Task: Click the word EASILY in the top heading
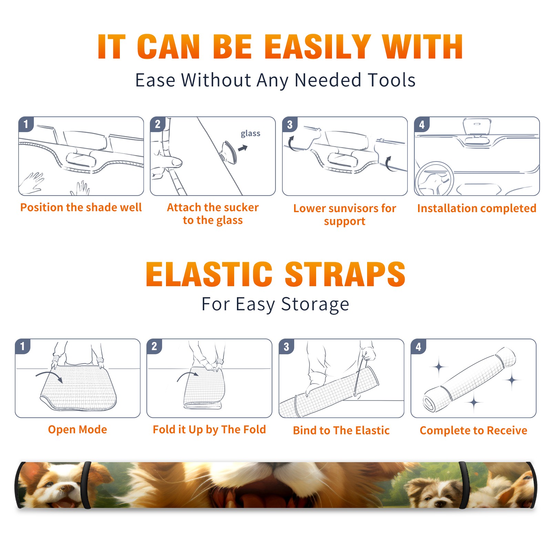click(318, 47)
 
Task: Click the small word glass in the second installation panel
click(250, 134)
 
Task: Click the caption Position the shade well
click(81, 207)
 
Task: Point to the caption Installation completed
click(477, 208)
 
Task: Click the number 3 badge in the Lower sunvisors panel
click(290, 124)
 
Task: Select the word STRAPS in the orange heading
click(345, 274)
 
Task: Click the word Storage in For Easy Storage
click(315, 304)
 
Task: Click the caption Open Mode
click(77, 429)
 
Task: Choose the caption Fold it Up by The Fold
click(209, 429)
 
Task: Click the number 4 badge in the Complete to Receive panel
click(418, 346)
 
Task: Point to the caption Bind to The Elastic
click(341, 430)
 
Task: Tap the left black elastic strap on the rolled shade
click(87, 485)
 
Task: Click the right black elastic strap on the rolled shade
click(464, 485)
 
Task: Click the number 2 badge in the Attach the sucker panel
click(158, 124)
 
